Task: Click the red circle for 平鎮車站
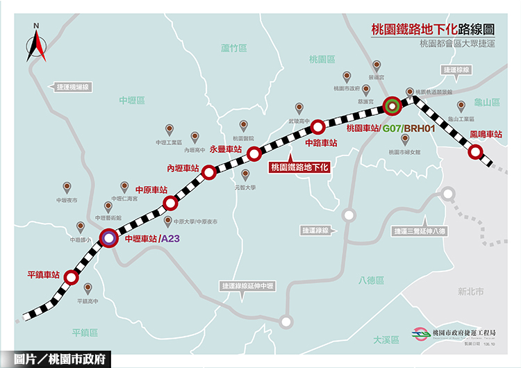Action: click(71, 278)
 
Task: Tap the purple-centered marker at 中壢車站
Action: click(108, 238)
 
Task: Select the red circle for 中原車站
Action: click(170, 203)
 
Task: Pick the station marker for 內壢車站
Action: click(208, 174)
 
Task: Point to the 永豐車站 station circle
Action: click(254, 153)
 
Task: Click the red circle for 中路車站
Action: click(317, 126)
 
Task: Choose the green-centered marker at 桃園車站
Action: click(392, 106)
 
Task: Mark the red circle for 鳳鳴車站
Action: click(476, 151)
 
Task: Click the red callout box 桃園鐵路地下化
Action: click(299, 167)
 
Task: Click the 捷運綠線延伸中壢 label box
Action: click(248, 285)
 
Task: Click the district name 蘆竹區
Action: click(234, 49)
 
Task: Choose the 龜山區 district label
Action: click(487, 102)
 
